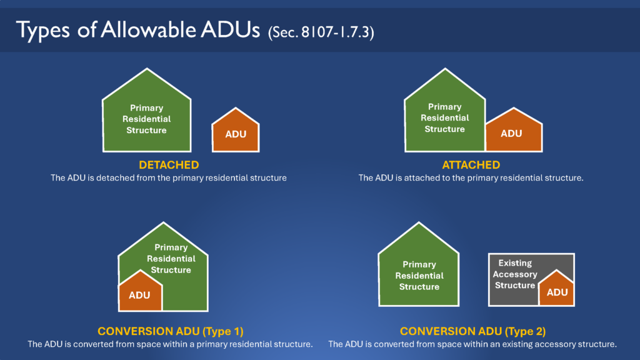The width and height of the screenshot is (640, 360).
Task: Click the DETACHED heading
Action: point(169,165)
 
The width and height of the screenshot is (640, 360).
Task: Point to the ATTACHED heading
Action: point(471,165)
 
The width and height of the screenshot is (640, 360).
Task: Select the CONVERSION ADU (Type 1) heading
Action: point(170,331)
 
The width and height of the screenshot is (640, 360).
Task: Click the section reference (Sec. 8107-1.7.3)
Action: point(320,32)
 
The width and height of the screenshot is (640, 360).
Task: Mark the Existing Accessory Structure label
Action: point(515,274)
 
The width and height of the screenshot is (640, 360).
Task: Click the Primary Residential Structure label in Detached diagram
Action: point(146,119)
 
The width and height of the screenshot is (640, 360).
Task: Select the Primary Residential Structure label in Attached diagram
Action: point(444,118)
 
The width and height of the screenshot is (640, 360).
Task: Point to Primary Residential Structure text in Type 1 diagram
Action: point(171,259)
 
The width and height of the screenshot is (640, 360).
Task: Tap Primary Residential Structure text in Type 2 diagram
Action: point(419,276)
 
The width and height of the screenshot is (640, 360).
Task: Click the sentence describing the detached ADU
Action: point(169,178)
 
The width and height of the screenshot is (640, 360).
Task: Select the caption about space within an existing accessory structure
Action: point(472,344)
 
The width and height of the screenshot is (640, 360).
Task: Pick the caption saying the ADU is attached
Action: point(471,178)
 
